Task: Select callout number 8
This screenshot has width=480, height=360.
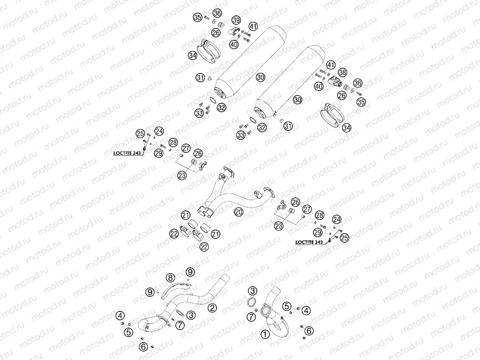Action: click(170, 278)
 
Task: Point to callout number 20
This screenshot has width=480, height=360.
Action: click(239, 212)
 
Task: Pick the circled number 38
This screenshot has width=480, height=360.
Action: click(342, 72)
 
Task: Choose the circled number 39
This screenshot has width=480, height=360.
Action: click(236, 21)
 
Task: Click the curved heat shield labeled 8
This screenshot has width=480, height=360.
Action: click(175, 289)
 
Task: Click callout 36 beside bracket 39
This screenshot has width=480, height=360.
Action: click(218, 13)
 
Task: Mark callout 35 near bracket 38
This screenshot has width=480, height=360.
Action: click(361, 101)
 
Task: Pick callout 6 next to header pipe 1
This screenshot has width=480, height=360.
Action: click(309, 331)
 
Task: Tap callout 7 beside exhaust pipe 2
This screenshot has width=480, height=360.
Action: click(180, 325)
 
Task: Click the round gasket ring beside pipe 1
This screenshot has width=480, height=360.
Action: click(251, 302)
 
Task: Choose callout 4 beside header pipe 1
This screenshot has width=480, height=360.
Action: click(306, 311)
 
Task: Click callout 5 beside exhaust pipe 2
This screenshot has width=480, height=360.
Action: click(129, 332)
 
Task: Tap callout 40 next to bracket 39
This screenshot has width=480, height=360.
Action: click(234, 45)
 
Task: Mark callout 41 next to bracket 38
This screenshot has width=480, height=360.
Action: click(331, 65)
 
